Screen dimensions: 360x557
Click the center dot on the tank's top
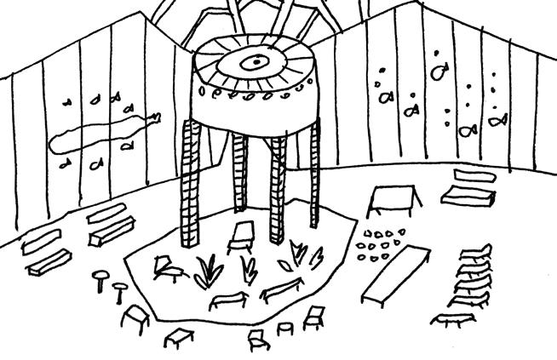[x=253, y=61]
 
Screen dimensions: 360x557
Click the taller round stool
[x=102, y=278]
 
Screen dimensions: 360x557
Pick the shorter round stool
[x=118, y=294]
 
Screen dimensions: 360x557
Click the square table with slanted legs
[x=393, y=201]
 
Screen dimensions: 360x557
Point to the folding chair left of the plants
[x=168, y=269]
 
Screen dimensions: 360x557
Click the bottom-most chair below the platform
[x=257, y=340]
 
